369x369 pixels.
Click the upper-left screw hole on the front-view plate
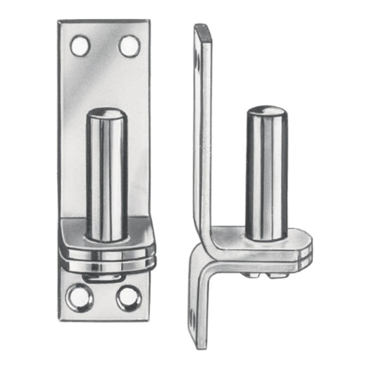[x=80, y=46]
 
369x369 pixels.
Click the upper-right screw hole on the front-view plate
[x=129, y=46]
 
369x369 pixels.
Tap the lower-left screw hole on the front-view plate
[x=79, y=297]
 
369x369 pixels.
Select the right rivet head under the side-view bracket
[x=277, y=275]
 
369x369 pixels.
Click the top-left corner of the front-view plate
[x=59, y=22]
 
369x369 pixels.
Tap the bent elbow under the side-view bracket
[x=197, y=256]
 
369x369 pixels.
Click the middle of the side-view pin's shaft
[x=266, y=174]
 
